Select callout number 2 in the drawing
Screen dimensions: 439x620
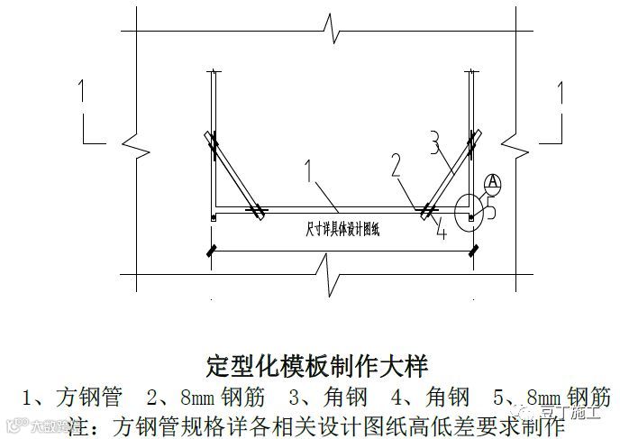point(396,165)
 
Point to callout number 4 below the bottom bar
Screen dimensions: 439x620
point(441,231)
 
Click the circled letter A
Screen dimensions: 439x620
point(492,182)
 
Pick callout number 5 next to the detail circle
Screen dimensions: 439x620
point(492,206)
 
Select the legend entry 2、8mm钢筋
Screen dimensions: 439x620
point(203,397)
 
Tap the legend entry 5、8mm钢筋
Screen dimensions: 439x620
point(554,397)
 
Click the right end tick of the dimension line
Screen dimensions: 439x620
point(472,252)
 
